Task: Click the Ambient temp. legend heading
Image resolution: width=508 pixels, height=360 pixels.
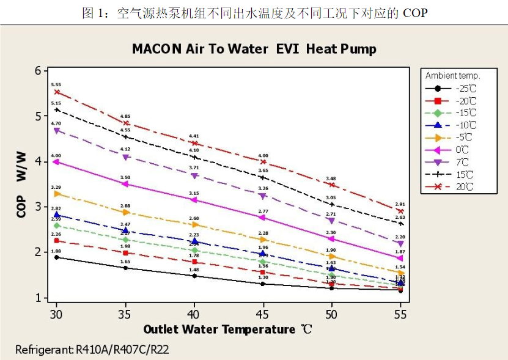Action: [452, 76]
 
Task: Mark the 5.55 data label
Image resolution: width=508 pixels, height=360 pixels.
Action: [56, 85]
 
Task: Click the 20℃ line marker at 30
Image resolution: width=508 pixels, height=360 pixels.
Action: [57, 92]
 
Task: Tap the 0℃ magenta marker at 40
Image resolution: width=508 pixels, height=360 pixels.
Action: [194, 200]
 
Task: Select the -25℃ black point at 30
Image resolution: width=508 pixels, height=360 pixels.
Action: [57, 257]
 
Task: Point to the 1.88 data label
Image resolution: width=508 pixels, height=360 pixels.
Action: [56, 251]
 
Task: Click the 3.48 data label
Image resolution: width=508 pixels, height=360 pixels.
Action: [331, 178]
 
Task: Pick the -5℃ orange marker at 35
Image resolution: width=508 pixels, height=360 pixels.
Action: [126, 212]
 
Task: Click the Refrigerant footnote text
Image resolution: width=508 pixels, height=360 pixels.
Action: [92, 350]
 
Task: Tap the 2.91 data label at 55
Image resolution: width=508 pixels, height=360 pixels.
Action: [400, 204]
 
